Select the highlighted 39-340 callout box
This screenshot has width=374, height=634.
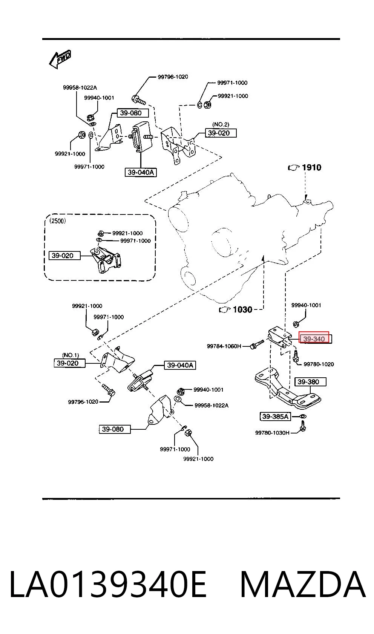[x=314, y=337]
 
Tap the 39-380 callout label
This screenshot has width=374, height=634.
[x=310, y=382]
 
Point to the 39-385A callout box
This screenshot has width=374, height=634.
[x=275, y=417]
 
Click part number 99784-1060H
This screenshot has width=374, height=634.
[x=224, y=346]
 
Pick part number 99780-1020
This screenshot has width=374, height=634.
[x=319, y=364]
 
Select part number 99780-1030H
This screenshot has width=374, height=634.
[x=272, y=433]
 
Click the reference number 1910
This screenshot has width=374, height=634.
[x=312, y=168]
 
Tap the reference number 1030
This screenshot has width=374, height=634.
[x=243, y=309]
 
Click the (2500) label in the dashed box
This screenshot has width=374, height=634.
[x=57, y=221]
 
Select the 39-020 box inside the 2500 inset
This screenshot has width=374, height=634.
[x=64, y=256]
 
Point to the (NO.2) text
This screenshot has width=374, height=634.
[x=221, y=124]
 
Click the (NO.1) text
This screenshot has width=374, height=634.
[x=71, y=355]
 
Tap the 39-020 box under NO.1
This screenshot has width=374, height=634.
[x=69, y=363]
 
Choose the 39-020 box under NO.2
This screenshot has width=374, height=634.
[x=221, y=133]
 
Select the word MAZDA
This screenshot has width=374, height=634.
[x=303, y=585]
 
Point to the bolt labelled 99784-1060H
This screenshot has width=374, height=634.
[x=257, y=345]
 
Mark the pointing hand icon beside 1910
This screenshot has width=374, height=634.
[x=294, y=168]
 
